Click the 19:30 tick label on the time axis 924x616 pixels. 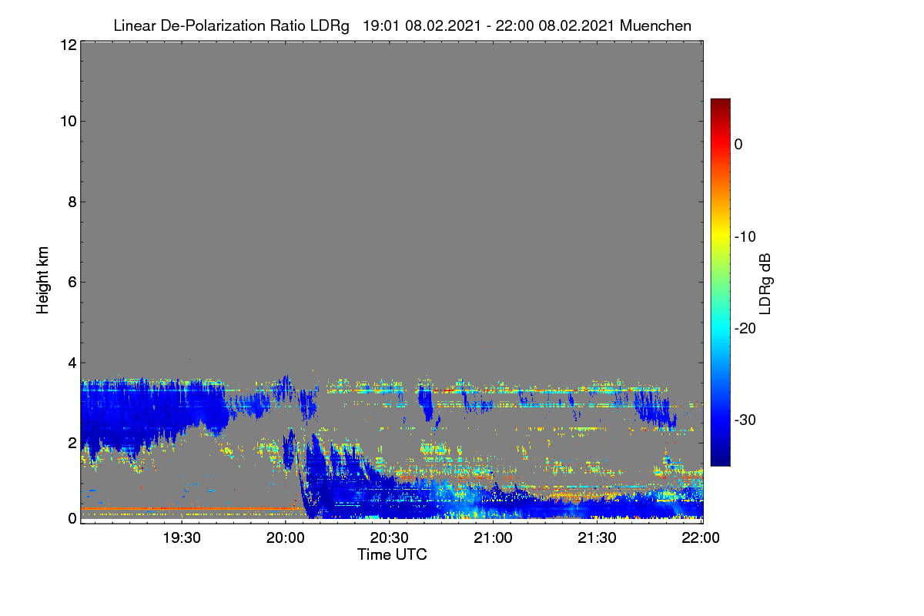(182, 538)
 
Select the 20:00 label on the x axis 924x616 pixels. (286, 538)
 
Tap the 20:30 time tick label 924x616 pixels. (389, 538)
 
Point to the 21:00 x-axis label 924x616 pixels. (493, 538)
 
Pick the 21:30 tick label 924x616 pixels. (597, 538)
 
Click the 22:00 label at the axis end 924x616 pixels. (701, 538)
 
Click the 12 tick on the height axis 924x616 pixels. (69, 45)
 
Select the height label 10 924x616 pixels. (69, 122)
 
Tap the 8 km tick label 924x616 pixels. (72, 203)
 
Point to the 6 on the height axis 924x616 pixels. (72, 283)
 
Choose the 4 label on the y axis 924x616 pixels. (72, 363)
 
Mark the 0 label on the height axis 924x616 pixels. (72, 519)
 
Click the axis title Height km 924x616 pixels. (42, 280)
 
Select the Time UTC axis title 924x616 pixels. (392, 555)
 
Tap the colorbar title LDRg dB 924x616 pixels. (765, 284)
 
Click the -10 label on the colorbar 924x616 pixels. (745, 237)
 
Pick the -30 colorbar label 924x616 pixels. (745, 420)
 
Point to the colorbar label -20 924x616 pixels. (745, 329)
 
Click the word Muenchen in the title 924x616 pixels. (655, 26)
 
